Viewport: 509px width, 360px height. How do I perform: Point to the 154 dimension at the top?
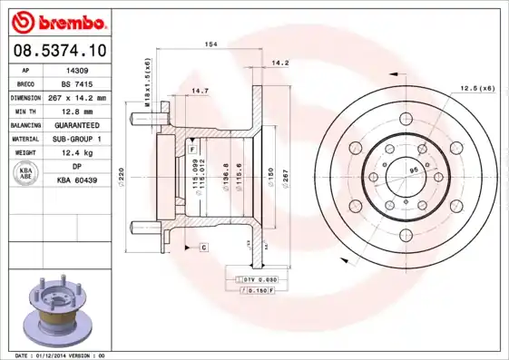[210, 45]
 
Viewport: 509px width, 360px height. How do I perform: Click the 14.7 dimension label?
[201, 91]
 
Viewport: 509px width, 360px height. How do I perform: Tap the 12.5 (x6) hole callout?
[476, 88]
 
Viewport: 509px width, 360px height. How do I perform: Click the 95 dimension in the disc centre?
[414, 170]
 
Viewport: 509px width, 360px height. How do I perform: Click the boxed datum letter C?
[204, 247]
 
